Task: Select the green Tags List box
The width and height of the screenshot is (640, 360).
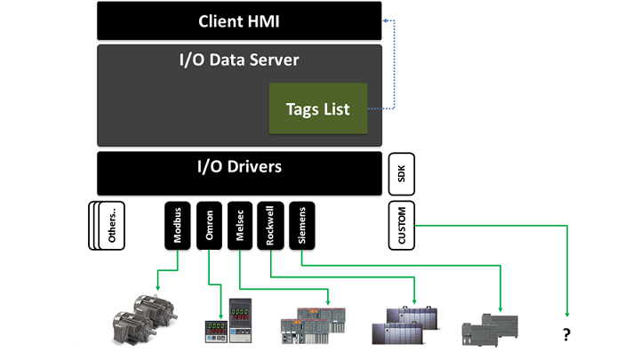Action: [x=318, y=108]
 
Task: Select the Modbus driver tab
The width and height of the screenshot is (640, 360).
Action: [x=177, y=226]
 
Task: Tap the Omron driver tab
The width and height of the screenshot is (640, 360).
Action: [x=209, y=226]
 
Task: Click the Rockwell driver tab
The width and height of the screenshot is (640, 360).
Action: [x=270, y=226]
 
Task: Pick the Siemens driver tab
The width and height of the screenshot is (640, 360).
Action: [x=301, y=226]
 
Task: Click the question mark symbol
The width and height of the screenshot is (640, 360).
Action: [x=565, y=335]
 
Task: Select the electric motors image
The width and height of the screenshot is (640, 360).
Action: [x=140, y=316]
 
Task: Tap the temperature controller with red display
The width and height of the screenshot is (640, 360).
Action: [x=242, y=320]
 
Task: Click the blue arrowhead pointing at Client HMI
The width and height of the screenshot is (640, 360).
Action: [x=383, y=20]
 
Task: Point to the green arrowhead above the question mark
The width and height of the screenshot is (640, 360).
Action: [x=566, y=312]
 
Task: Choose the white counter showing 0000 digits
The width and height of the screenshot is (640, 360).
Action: [x=214, y=329]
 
